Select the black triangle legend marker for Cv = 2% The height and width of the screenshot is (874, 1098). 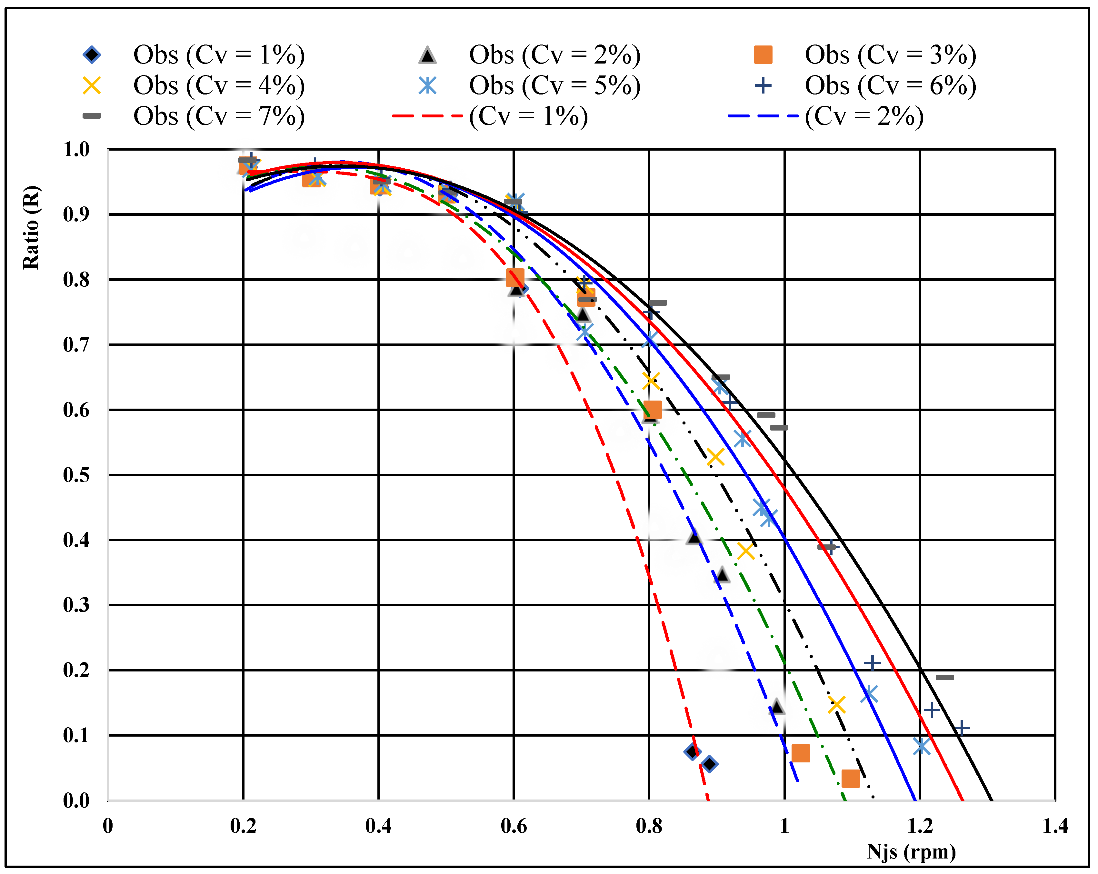427,55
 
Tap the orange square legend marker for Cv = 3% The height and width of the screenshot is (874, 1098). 763,55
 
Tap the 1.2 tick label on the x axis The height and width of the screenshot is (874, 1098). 920,826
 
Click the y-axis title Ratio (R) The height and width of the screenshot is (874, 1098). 31,228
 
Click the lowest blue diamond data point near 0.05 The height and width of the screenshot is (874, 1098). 709,764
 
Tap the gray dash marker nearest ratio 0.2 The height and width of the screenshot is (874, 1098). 945,677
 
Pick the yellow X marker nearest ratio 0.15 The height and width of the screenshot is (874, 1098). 836,705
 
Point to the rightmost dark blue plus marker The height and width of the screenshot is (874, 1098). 962,728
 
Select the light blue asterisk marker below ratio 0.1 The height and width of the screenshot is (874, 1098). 921,747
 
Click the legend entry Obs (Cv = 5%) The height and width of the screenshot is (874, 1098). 554,85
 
